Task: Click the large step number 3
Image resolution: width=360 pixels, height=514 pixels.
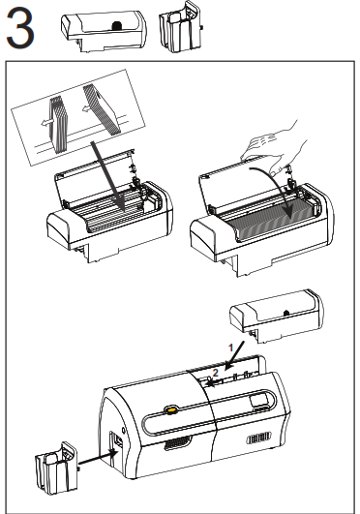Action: coord(20,28)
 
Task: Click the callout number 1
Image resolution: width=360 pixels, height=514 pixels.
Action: coord(230,348)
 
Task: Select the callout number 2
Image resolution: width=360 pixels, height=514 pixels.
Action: coord(215,373)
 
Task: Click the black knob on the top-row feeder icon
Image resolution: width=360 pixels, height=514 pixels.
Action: coord(117,25)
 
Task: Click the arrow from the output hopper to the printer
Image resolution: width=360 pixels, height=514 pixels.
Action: coord(98,457)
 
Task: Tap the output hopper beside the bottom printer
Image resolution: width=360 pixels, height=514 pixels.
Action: coord(56,469)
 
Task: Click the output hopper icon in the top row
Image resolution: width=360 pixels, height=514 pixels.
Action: coord(180,27)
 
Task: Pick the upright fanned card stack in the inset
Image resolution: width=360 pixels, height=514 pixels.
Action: coord(59,125)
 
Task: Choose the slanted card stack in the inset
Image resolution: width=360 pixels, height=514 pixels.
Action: coord(102,109)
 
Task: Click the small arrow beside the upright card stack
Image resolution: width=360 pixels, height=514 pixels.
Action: coord(46,123)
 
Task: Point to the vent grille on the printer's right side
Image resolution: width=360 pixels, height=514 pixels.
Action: coord(259,438)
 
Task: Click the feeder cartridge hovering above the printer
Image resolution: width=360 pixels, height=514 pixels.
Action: coord(277,316)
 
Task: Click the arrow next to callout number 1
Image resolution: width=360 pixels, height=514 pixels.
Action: coord(235,354)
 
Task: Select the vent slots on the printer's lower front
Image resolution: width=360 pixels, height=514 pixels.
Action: coord(178,443)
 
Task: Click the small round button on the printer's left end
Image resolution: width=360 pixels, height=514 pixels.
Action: coord(123,430)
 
